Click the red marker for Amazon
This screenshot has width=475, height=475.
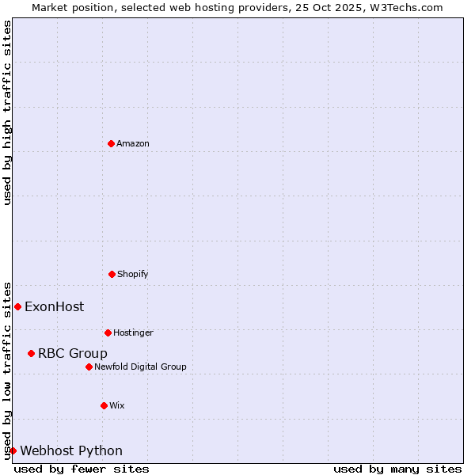click(111, 143)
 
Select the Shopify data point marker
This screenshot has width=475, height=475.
click(112, 274)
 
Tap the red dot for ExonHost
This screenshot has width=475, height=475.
click(17, 306)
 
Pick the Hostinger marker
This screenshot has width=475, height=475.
click(108, 332)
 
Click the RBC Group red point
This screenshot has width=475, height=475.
click(31, 353)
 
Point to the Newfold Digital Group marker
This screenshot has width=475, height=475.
click(89, 367)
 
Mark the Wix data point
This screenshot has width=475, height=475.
click(104, 405)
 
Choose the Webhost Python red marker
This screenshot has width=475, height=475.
click(13, 450)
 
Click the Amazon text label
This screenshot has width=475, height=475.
click(133, 143)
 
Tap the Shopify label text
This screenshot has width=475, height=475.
click(133, 274)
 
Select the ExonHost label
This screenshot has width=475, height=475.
click(54, 306)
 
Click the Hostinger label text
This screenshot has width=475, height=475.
click(133, 332)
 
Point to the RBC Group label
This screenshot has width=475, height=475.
click(73, 353)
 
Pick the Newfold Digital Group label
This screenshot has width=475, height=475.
click(140, 367)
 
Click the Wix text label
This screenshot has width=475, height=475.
click(117, 405)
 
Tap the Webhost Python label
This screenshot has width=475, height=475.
click(71, 450)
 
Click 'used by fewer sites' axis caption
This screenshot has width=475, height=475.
click(82, 469)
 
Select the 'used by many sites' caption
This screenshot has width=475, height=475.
click(397, 469)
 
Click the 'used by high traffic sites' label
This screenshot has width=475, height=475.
click(7, 112)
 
